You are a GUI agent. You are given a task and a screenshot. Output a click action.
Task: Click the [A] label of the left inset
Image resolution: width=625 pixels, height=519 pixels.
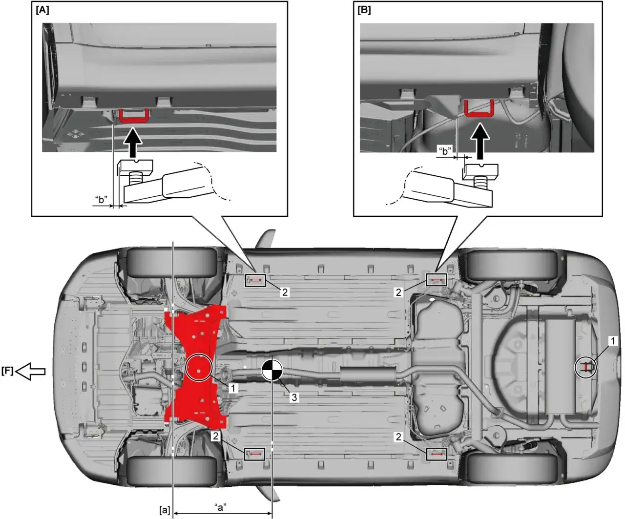click(x=42, y=10)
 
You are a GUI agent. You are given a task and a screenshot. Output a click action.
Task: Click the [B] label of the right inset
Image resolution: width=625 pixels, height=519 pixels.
click(x=364, y=10)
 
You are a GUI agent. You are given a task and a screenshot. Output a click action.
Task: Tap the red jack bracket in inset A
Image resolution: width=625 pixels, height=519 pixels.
click(x=134, y=116)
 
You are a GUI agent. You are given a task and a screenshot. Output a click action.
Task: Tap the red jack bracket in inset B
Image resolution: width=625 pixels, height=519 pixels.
click(x=479, y=108)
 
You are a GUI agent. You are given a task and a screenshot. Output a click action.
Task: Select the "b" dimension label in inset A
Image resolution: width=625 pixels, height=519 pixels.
click(x=101, y=199)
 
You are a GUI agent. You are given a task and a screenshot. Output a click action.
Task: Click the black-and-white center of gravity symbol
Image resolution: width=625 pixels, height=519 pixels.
click(x=272, y=370)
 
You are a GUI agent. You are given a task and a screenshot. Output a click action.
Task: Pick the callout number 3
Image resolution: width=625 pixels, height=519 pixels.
click(x=294, y=397)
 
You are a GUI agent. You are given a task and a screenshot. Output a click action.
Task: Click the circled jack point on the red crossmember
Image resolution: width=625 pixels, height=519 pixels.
click(x=198, y=367)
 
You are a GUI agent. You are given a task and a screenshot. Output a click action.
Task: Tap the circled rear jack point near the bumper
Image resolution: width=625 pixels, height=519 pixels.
click(x=586, y=367)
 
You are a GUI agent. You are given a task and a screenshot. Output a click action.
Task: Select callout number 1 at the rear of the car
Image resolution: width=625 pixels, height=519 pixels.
click(x=613, y=341)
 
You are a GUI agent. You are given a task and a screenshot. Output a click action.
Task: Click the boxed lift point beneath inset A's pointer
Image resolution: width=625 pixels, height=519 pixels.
click(x=255, y=280)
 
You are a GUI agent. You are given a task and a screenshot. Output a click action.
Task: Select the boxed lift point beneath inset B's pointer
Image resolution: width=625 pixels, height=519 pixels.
click(x=437, y=280)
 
